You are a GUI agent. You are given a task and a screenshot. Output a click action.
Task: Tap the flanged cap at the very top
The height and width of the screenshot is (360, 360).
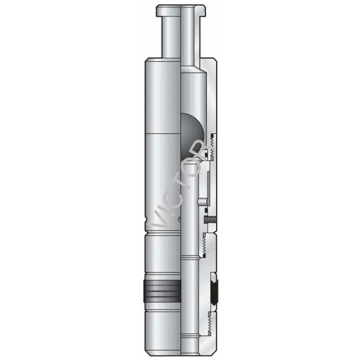[180, 10]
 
